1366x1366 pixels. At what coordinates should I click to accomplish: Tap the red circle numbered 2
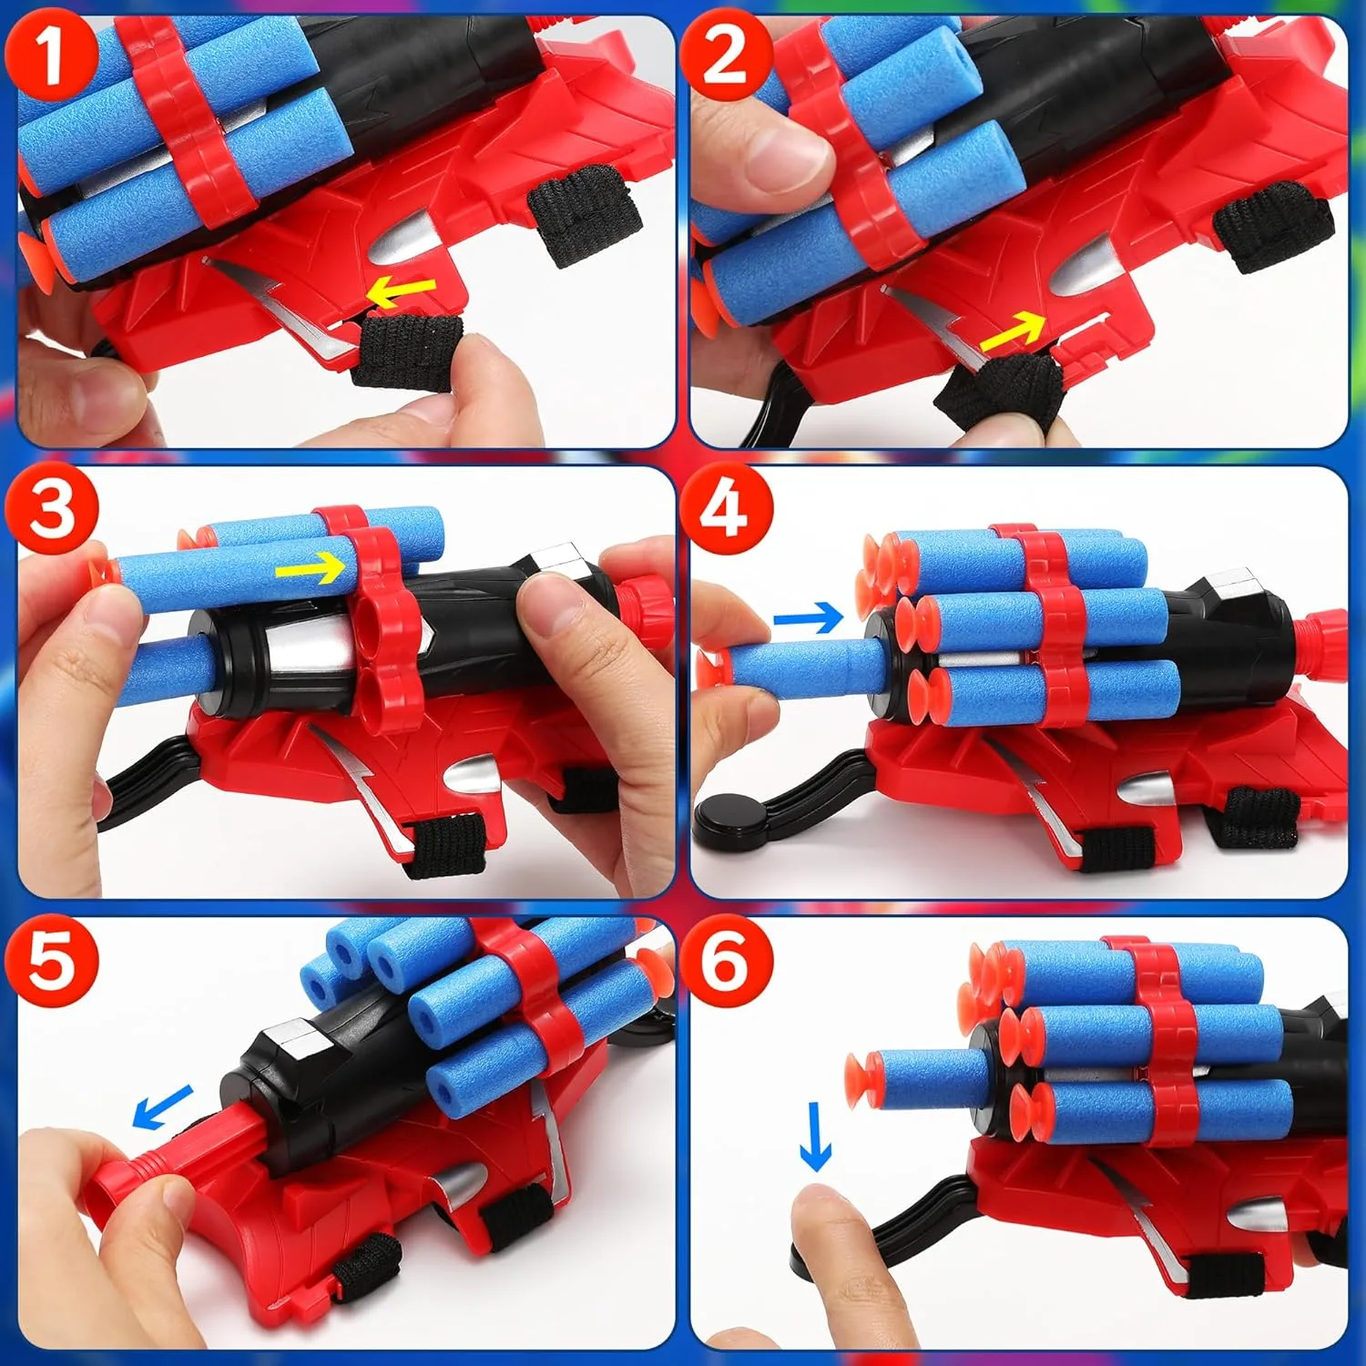[x=726, y=54]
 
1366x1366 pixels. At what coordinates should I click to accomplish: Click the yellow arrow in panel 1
[x=401, y=291]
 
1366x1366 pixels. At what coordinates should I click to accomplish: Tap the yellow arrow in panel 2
[x=1013, y=331]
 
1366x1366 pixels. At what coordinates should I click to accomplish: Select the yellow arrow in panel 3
[x=311, y=569]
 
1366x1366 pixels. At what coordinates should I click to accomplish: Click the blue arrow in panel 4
[x=809, y=618]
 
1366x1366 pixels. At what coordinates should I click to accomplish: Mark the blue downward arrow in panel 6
[x=815, y=1137]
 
